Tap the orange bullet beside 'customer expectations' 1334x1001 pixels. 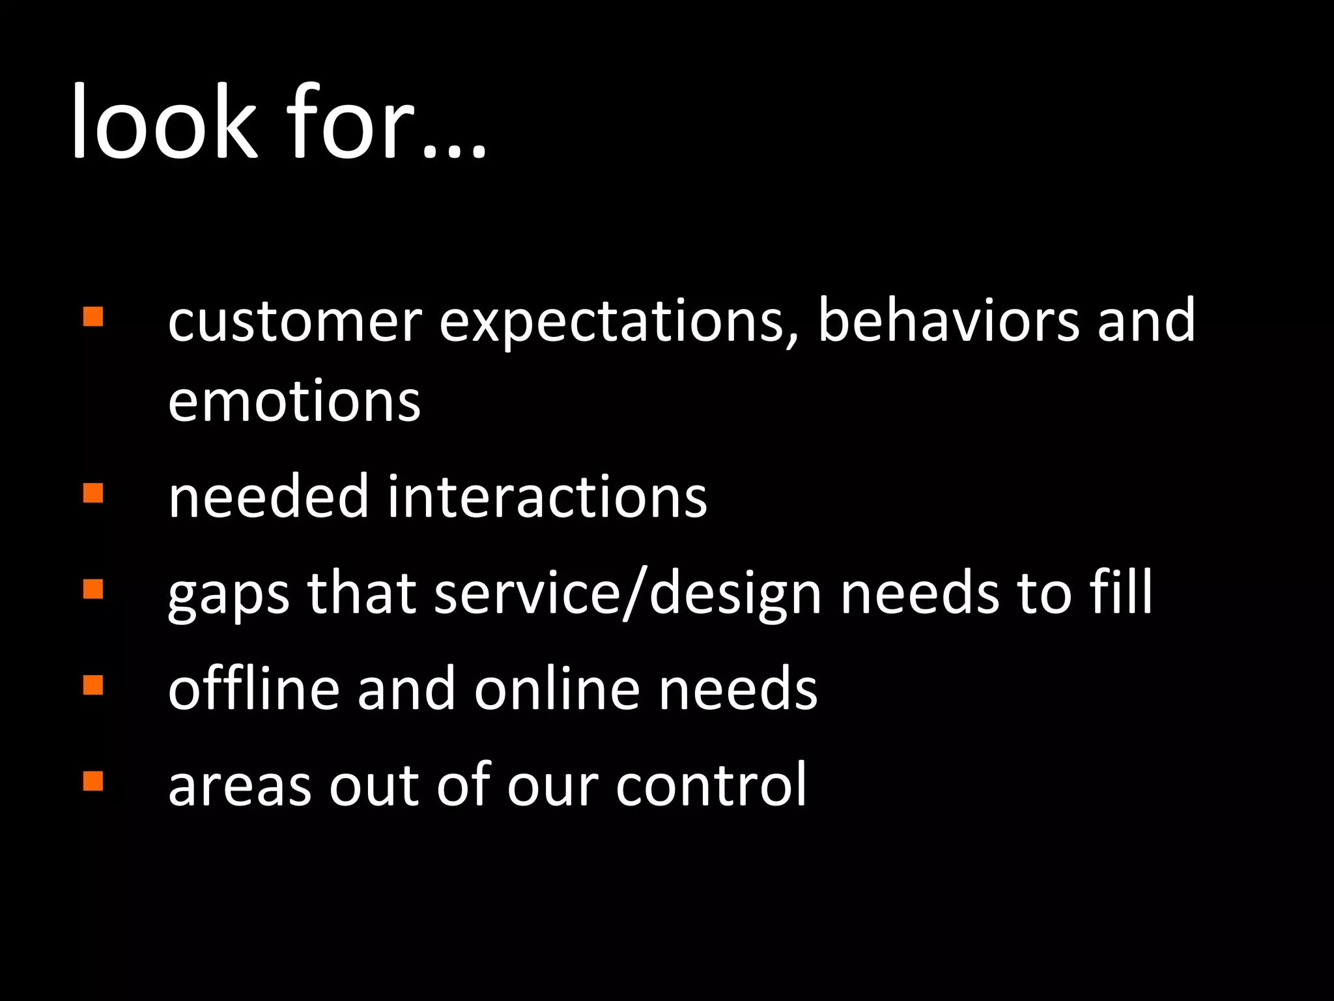pos(93,317)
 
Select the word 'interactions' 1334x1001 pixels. pos(547,497)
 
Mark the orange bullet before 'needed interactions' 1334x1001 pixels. pos(93,493)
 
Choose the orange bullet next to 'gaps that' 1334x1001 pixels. pos(93,589)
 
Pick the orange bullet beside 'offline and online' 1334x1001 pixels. pos(93,685)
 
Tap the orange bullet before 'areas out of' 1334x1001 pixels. pos(93,781)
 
